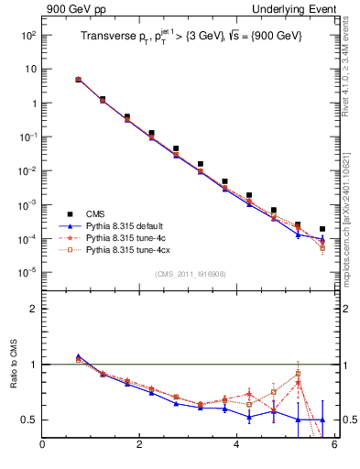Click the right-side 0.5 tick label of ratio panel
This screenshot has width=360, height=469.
[348, 420]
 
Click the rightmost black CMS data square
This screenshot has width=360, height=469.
[322, 229]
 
